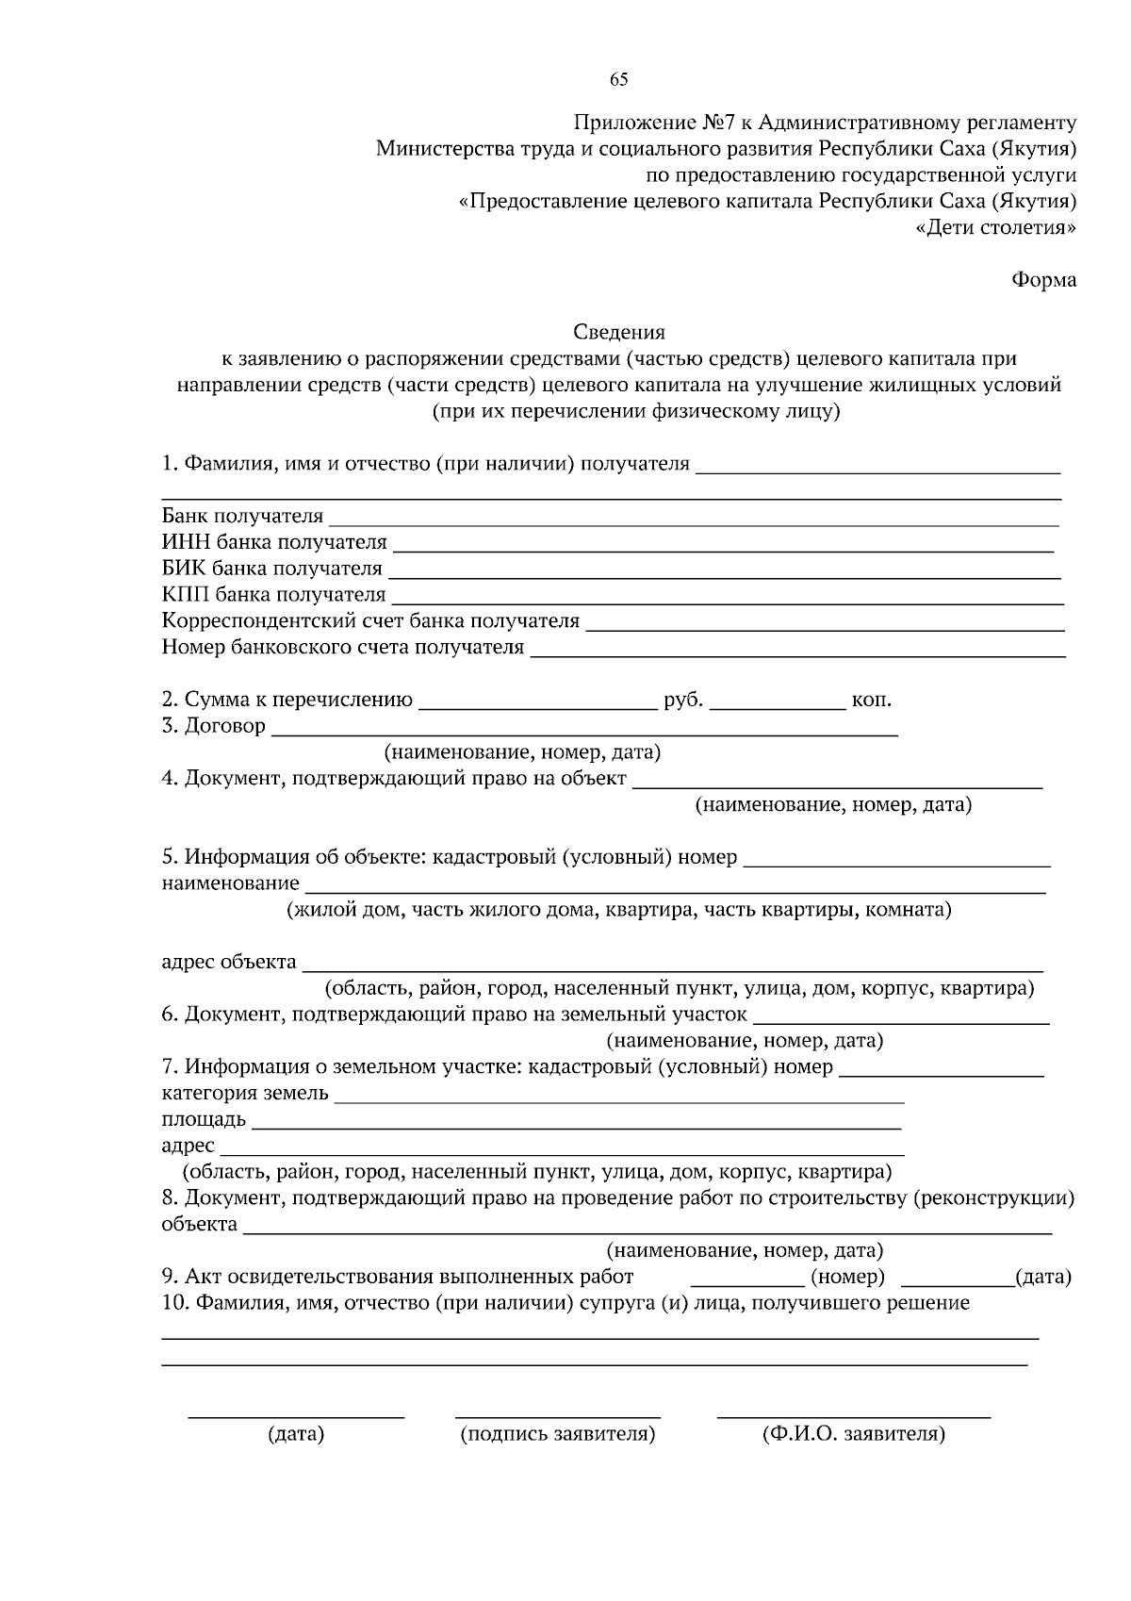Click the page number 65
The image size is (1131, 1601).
(x=618, y=79)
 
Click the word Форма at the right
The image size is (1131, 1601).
(x=1043, y=280)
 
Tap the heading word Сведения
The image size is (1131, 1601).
(x=619, y=332)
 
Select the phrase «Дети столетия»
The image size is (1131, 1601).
(x=996, y=227)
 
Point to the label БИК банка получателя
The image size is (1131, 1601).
(x=272, y=569)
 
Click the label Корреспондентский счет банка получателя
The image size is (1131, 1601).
(x=370, y=621)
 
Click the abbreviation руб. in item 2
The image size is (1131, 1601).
(x=683, y=700)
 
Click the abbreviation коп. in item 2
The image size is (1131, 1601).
(x=872, y=700)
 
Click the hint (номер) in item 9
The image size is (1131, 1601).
(x=847, y=1277)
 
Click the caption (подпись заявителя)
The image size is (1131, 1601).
(x=558, y=1434)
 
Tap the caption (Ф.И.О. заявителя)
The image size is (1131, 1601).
(x=853, y=1434)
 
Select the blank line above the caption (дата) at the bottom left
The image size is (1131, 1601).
(x=296, y=1414)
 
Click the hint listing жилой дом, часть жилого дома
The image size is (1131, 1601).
(x=619, y=910)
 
